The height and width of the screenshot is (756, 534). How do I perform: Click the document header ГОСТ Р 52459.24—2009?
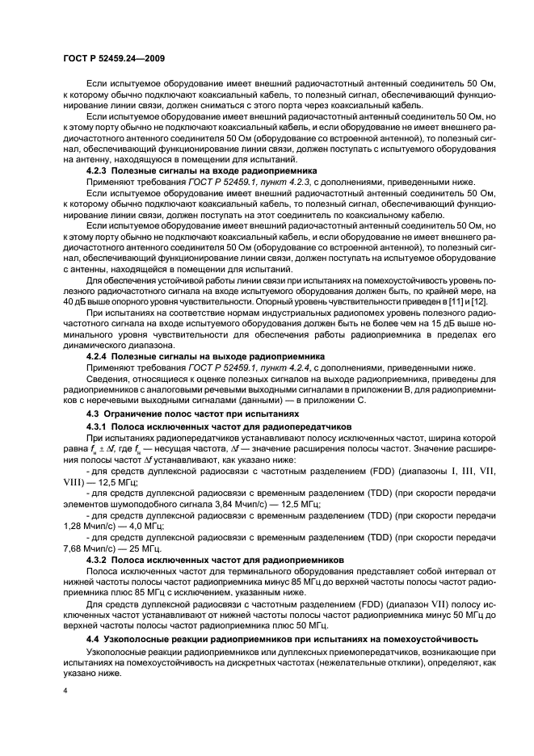click(x=115, y=59)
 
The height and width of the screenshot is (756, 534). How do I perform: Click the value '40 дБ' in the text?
click(x=75, y=300)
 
